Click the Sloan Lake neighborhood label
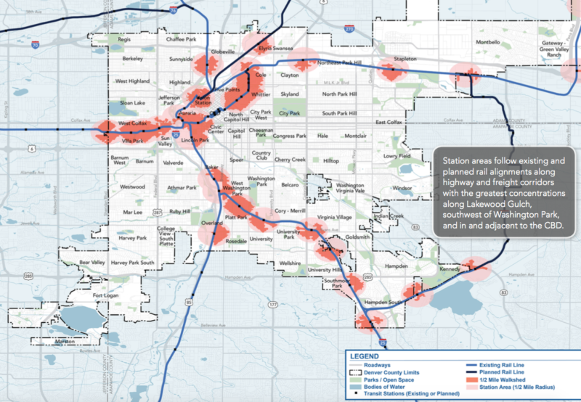(x=132, y=104)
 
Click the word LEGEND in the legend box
(x=365, y=356)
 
